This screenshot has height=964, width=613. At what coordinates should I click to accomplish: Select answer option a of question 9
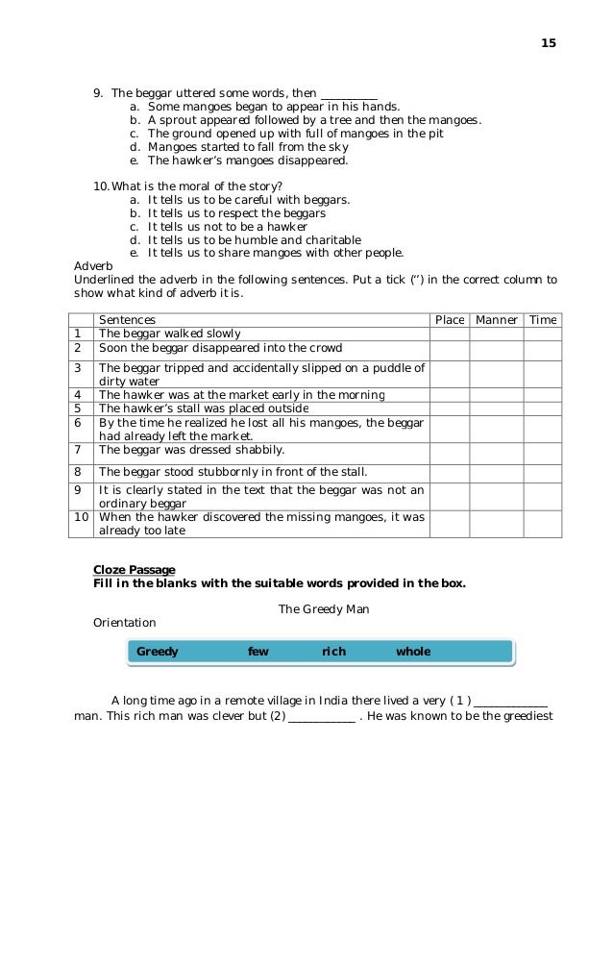click(274, 107)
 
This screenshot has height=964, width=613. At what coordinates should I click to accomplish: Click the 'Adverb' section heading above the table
click(93, 266)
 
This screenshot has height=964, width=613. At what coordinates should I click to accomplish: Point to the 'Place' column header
click(450, 320)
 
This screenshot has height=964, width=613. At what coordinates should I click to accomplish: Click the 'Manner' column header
click(497, 320)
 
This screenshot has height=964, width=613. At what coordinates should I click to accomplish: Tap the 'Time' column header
click(543, 320)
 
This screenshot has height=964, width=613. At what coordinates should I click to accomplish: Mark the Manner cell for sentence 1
click(497, 334)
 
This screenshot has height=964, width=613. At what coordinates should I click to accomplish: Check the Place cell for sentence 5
click(450, 408)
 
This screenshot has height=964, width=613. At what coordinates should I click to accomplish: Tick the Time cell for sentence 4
click(543, 394)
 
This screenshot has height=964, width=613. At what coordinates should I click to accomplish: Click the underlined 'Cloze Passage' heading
click(134, 569)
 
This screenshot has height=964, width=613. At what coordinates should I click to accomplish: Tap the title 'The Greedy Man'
click(324, 609)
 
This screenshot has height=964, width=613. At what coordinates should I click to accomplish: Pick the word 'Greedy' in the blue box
click(158, 652)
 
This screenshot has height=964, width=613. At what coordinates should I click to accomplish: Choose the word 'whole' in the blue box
click(413, 652)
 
